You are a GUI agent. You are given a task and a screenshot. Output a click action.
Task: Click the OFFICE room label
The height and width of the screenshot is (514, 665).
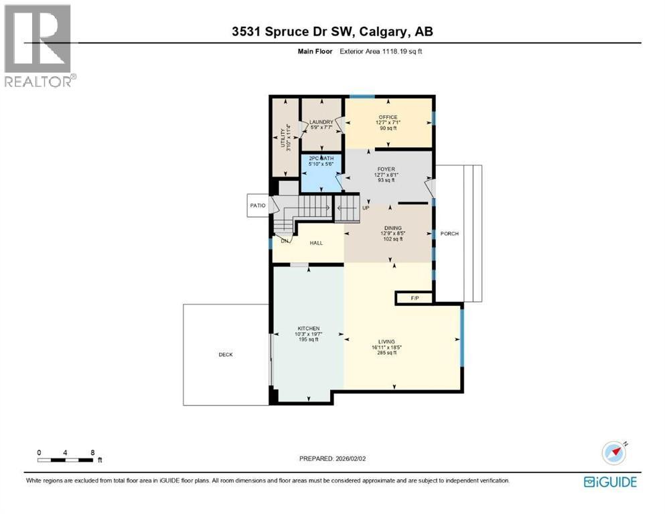click(388, 117)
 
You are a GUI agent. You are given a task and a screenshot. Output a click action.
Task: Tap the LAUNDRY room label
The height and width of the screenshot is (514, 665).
click(321, 122)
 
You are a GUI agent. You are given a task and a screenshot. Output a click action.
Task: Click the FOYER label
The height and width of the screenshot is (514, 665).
click(388, 169)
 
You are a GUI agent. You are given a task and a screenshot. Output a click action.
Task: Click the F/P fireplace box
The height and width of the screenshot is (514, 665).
click(414, 298)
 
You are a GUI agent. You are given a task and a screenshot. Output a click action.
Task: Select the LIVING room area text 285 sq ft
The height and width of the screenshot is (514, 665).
click(392, 353)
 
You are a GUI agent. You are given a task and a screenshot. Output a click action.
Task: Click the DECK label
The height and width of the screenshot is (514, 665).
click(226, 355)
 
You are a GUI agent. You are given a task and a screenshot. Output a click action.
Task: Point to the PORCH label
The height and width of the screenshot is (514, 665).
click(449, 234)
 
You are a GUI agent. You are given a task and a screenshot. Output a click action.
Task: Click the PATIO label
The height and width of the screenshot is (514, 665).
click(258, 205)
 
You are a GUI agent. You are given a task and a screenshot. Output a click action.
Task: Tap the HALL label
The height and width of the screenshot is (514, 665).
click(316, 243)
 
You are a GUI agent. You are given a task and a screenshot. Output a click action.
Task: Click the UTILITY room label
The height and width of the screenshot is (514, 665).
click(285, 137)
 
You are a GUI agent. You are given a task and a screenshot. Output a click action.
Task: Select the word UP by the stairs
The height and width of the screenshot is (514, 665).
click(366, 207)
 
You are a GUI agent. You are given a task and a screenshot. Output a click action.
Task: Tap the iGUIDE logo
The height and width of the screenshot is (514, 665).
click(610, 481)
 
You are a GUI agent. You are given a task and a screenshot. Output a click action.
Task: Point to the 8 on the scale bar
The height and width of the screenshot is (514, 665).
click(92, 452)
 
